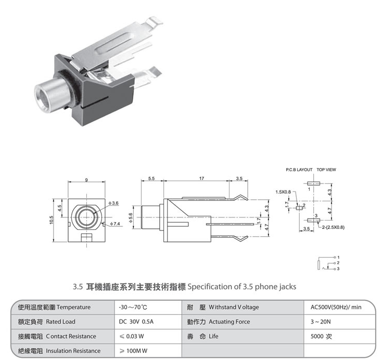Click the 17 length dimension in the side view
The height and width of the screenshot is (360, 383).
pyautogui.click(x=201, y=178)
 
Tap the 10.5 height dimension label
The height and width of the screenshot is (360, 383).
pyautogui.click(x=51, y=220)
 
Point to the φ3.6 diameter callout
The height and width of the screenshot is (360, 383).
pyautogui.click(x=113, y=203)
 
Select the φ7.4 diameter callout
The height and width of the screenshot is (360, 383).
pyautogui.click(x=115, y=224)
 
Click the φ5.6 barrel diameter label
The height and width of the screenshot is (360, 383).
pyautogui.click(x=131, y=217)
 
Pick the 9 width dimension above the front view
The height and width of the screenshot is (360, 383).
pyautogui.click(x=86, y=180)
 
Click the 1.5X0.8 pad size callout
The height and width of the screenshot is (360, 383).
pyautogui.click(x=283, y=192)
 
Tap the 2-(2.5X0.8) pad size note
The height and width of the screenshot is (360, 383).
pyautogui.click(x=333, y=227)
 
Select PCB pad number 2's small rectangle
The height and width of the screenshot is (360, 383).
pyautogui.click(x=299, y=208)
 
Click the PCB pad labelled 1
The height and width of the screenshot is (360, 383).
pyautogui.click(x=314, y=184)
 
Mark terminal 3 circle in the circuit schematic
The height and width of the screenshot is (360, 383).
pyautogui.click(x=335, y=268)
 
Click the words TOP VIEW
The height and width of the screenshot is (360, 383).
pyautogui.click(x=326, y=170)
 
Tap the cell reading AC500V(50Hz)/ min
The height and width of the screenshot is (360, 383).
pyautogui.click(x=336, y=307)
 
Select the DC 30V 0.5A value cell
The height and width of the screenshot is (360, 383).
pyautogui.click(x=136, y=322)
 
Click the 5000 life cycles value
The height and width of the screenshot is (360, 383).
pyautogui.click(x=321, y=336)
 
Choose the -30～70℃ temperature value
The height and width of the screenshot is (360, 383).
pyautogui.click(x=133, y=307)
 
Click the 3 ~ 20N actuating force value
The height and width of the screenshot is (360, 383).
pyautogui.click(x=321, y=322)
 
